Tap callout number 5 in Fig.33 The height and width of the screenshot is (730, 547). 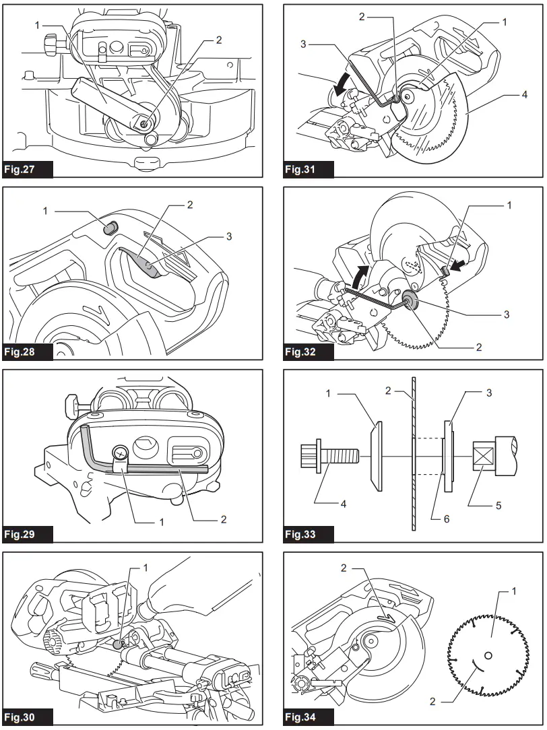coord(498,505)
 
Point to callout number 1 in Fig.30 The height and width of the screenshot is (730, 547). coord(146,568)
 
